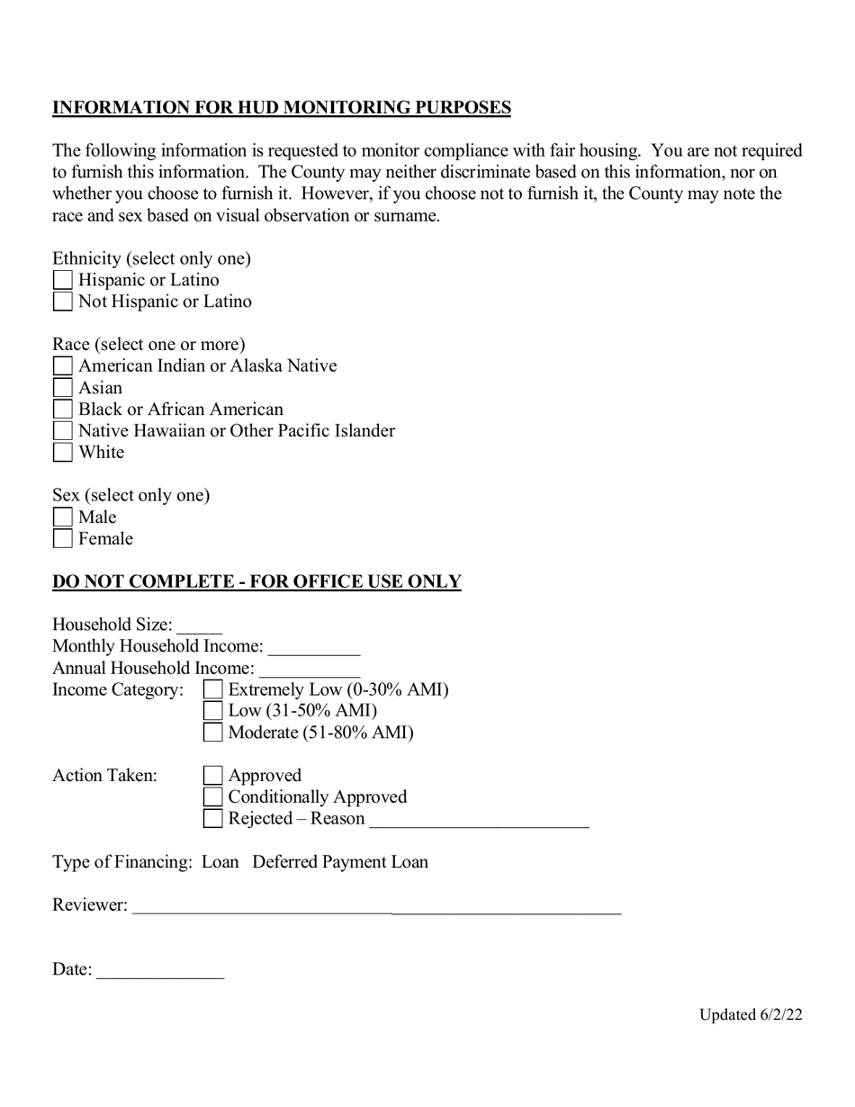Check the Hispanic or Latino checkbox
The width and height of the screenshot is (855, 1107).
click(63, 281)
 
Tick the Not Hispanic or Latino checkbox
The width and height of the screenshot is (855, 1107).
click(63, 302)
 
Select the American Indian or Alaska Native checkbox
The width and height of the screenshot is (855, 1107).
click(63, 366)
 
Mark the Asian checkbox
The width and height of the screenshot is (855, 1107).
click(63, 388)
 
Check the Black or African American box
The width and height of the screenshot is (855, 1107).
click(63, 409)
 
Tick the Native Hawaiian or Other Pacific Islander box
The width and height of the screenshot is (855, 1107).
click(63, 431)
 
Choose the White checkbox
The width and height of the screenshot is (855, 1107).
click(63, 453)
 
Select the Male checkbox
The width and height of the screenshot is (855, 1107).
click(63, 517)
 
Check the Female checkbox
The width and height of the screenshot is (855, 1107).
click(63, 539)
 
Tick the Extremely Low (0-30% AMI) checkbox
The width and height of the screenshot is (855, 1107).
click(213, 690)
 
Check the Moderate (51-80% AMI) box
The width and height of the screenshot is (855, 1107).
click(213, 733)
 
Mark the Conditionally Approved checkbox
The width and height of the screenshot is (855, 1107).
click(213, 797)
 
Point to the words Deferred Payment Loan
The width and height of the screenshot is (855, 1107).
click(340, 862)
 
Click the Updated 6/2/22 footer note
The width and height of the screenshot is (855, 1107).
click(751, 1015)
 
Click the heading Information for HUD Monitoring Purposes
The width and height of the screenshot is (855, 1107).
click(282, 108)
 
